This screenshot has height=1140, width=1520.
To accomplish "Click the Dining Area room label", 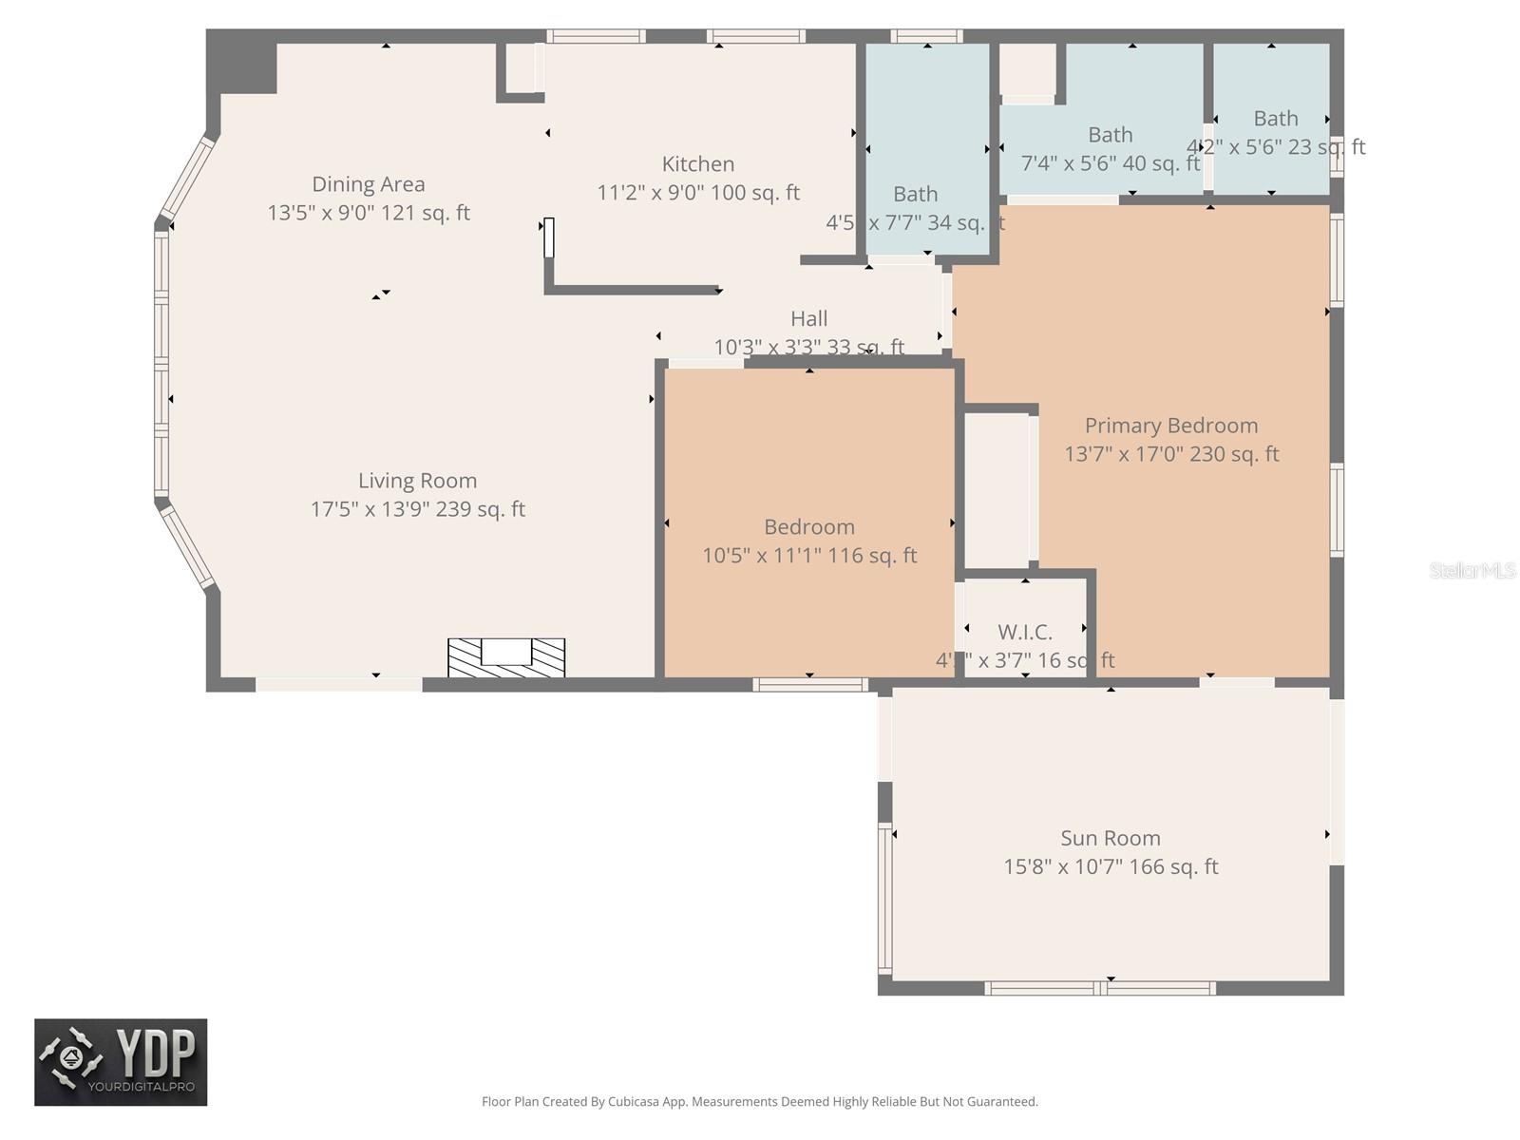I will (x=369, y=184).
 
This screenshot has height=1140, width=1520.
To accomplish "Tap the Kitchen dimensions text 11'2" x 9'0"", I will (x=698, y=193).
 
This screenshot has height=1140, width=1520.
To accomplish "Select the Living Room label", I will (x=417, y=481).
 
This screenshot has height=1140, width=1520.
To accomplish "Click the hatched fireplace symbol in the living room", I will (x=506, y=657).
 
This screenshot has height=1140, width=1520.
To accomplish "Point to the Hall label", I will (x=808, y=319).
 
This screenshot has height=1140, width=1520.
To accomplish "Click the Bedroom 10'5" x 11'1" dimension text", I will (x=808, y=556).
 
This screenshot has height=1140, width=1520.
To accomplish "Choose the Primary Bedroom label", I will (x=1170, y=426).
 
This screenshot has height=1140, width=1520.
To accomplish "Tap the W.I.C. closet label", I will (x=1024, y=633).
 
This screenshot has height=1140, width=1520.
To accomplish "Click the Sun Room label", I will (x=1110, y=838).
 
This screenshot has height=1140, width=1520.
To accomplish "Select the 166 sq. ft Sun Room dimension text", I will (x=1110, y=866).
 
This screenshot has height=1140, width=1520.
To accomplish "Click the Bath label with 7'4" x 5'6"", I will (x=1110, y=135).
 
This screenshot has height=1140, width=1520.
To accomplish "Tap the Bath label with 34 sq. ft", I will (x=915, y=194).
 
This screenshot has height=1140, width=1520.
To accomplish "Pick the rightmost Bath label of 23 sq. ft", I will (x=1275, y=119).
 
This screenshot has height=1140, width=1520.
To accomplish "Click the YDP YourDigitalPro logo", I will (x=121, y=1062).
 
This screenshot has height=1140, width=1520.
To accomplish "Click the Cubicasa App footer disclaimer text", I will (x=759, y=1102).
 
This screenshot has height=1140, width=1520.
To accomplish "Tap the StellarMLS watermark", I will (x=1472, y=570).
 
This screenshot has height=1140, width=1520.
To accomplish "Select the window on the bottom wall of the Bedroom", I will (x=810, y=684).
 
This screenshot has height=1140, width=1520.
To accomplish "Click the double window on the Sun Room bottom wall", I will (x=1100, y=988).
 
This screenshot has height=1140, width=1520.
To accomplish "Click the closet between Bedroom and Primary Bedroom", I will (x=997, y=489).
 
